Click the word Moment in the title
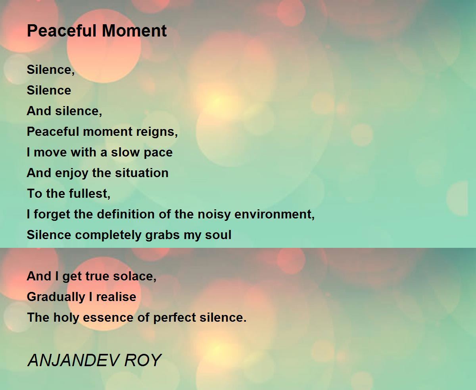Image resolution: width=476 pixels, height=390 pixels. pos(134,31)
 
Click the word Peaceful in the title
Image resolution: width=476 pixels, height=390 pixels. pos(61,31)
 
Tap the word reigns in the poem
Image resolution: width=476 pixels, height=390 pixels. pos(157,132)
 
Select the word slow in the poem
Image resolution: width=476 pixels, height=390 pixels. pos(125,152)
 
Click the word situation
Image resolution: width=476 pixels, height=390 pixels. pos(142,173)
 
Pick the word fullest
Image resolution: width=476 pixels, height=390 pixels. pos(90,194)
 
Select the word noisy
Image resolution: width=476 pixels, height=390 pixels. pos(214,214)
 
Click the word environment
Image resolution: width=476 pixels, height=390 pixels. pos(274,214)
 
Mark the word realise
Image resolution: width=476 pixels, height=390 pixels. pos(116,297)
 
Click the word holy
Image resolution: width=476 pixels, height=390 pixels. pos(66,318)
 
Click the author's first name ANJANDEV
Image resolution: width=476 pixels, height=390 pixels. pos(73,360)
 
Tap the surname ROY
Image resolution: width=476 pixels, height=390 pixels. pos(143,360)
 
